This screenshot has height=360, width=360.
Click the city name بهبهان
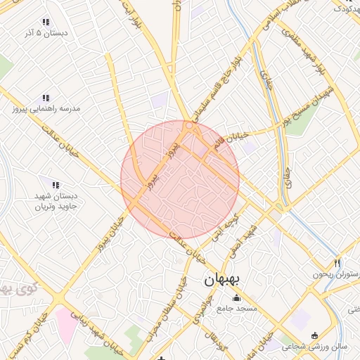click(221, 279)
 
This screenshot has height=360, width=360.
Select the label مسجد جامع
click(237, 308)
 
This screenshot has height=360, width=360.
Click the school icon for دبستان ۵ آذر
click(46, 22)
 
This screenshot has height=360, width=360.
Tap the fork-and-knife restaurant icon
click(338, 263)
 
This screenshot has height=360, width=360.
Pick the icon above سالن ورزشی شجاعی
click(314, 335)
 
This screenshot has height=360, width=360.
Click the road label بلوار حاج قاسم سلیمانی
click(218, 81)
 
